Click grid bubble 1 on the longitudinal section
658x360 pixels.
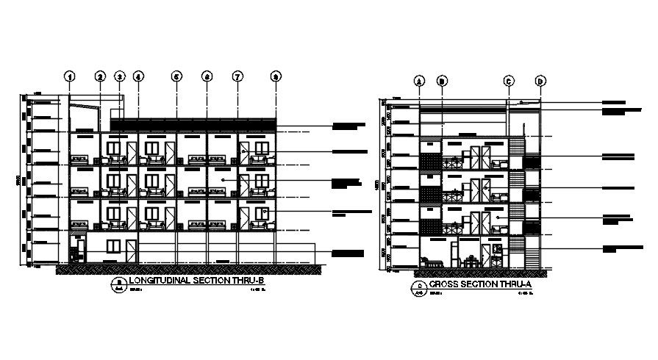pyautogui.click(x=70, y=76)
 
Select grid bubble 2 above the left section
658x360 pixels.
pyautogui.click(x=101, y=76)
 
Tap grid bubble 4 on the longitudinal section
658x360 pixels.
pyautogui.click(x=138, y=76)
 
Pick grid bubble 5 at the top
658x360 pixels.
pyautogui.click(x=176, y=76)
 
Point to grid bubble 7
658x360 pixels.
pyautogui.click(x=237, y=76)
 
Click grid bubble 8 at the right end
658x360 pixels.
pyautogui.click(x=276, y=76)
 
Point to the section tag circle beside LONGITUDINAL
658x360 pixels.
pyautogui.click(x=119, y=283)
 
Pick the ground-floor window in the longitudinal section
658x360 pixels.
pyautogui.click(x=113, y=245)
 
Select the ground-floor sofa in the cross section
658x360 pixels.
pyautogui.click(x=432, y=262)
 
